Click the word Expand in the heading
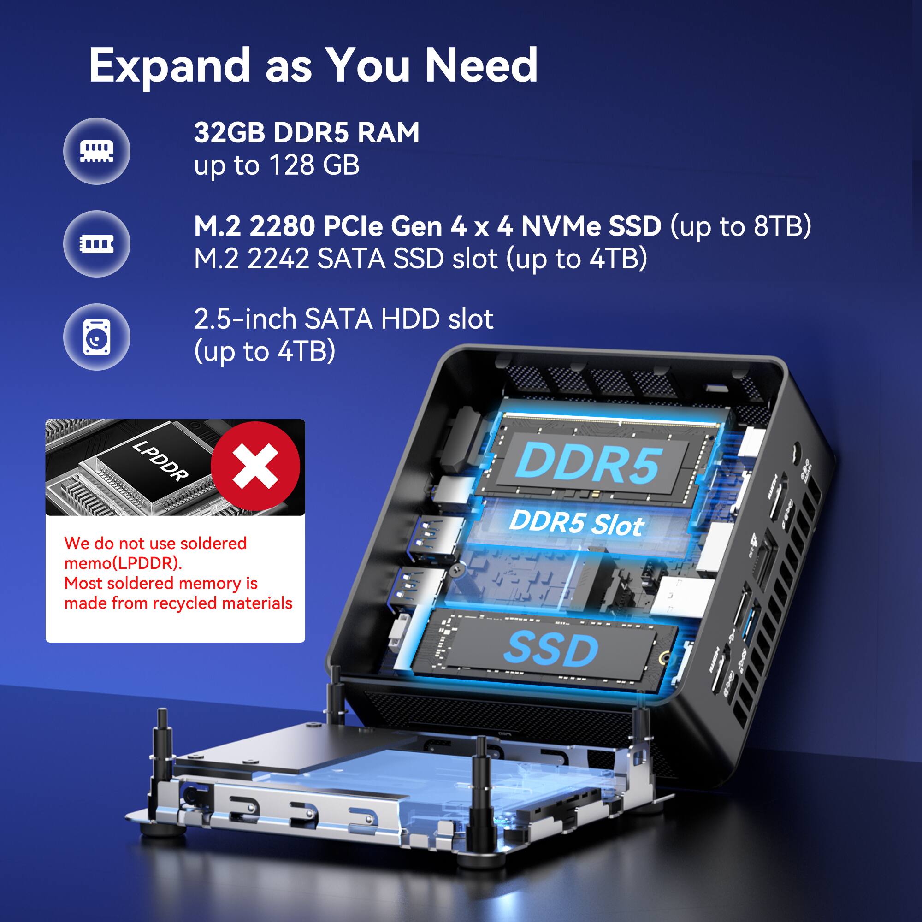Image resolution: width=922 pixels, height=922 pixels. click(169, 66)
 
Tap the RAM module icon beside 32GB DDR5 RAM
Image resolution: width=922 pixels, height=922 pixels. click(96, 151)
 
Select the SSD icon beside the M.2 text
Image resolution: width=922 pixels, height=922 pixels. click(96, 244)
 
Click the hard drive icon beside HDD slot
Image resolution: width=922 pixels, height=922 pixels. click(96, 337)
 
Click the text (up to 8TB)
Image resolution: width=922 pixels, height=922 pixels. click(741, 226)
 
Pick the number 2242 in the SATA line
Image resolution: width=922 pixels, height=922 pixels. click(278, 259)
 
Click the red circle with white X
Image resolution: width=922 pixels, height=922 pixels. click(255, 466)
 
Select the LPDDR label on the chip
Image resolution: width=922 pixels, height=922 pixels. click(160, 461)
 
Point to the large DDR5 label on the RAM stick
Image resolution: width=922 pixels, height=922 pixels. click(589, 463)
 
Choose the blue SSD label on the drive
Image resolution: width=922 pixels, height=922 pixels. click(551, 649)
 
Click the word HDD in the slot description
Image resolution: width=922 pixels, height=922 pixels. click(410, 319)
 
